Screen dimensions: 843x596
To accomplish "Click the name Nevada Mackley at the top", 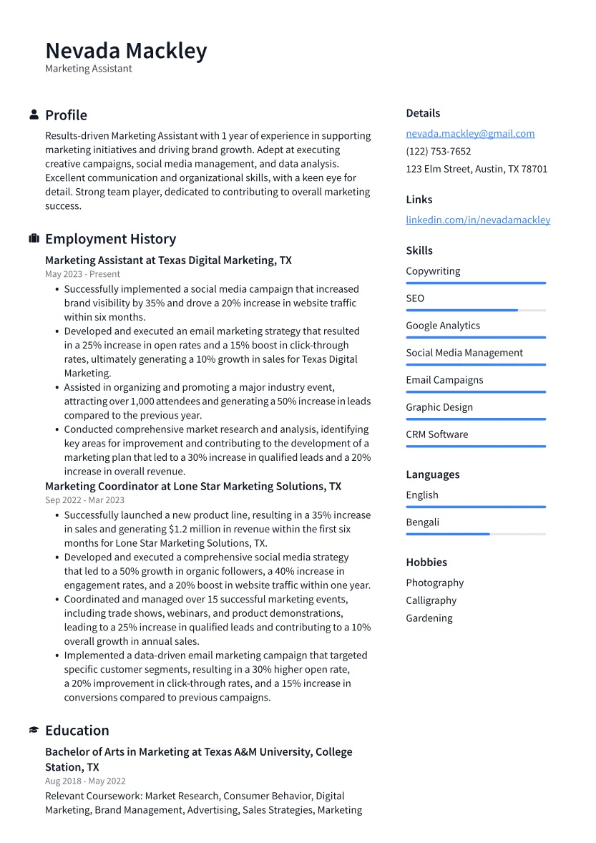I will click(126, 51).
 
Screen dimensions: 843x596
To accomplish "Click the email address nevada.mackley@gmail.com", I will click(470, 134).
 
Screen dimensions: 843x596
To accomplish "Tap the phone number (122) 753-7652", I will click(438, 152).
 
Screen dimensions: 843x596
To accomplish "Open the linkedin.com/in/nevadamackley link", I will click(478, 220).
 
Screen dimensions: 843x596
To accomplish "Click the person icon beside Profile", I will click(34, 114).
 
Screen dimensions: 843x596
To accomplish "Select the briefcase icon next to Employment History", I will click(34, 238).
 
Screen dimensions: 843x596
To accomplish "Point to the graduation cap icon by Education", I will click(34, 730).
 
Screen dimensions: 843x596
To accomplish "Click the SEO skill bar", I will click(475, 310).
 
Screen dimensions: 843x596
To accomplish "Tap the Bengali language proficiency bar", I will click(475, 534).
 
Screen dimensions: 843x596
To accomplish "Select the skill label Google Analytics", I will click(443, 326).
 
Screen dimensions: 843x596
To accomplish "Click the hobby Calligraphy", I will click(431, 600).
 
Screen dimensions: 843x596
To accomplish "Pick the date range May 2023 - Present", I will click(82, 274).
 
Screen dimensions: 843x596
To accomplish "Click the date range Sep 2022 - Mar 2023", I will click(84, 500).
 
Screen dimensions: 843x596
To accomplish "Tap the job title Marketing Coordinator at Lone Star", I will click(193, 487).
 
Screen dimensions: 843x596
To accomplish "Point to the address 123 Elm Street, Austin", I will click(477, 170).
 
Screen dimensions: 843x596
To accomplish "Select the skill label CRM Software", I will click(436, 434).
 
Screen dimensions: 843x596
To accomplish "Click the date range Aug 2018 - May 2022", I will click(85, 781).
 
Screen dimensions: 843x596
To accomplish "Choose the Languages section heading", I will click(432, 474).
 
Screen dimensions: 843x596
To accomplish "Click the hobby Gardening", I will click(429, 618).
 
